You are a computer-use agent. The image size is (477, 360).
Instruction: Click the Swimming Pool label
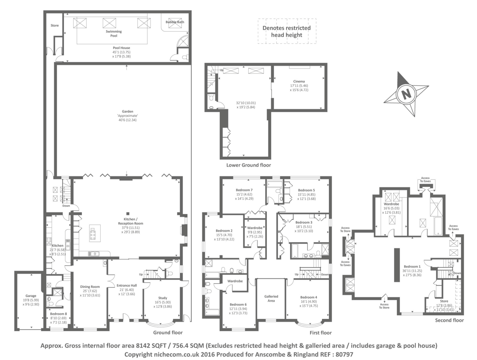point(114,33)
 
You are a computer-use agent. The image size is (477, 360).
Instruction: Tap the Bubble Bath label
point(175,22)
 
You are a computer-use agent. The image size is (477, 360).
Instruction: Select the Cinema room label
point(299,81)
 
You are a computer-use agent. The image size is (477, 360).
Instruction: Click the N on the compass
point(406,94)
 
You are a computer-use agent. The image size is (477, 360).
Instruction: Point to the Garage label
point(31,296)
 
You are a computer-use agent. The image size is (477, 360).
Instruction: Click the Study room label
point(163,298)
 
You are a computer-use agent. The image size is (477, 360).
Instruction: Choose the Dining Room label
point(90,287)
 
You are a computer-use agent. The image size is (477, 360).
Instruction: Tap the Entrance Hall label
point(127,286)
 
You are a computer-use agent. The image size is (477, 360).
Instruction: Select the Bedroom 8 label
point(58,314)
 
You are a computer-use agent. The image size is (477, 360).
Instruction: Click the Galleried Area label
point(271,298)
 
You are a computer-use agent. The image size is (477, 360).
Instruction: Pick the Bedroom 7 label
point(244,190)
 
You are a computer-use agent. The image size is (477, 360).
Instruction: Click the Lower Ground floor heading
point(249,165)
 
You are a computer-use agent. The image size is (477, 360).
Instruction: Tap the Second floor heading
point(449,320)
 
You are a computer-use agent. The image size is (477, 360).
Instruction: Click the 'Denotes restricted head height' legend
point(287,31)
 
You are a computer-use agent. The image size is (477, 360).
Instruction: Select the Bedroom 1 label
point(412,266)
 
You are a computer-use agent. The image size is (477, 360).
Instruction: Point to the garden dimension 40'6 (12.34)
point(127,120)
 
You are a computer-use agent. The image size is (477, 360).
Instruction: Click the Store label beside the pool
point(55,25)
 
